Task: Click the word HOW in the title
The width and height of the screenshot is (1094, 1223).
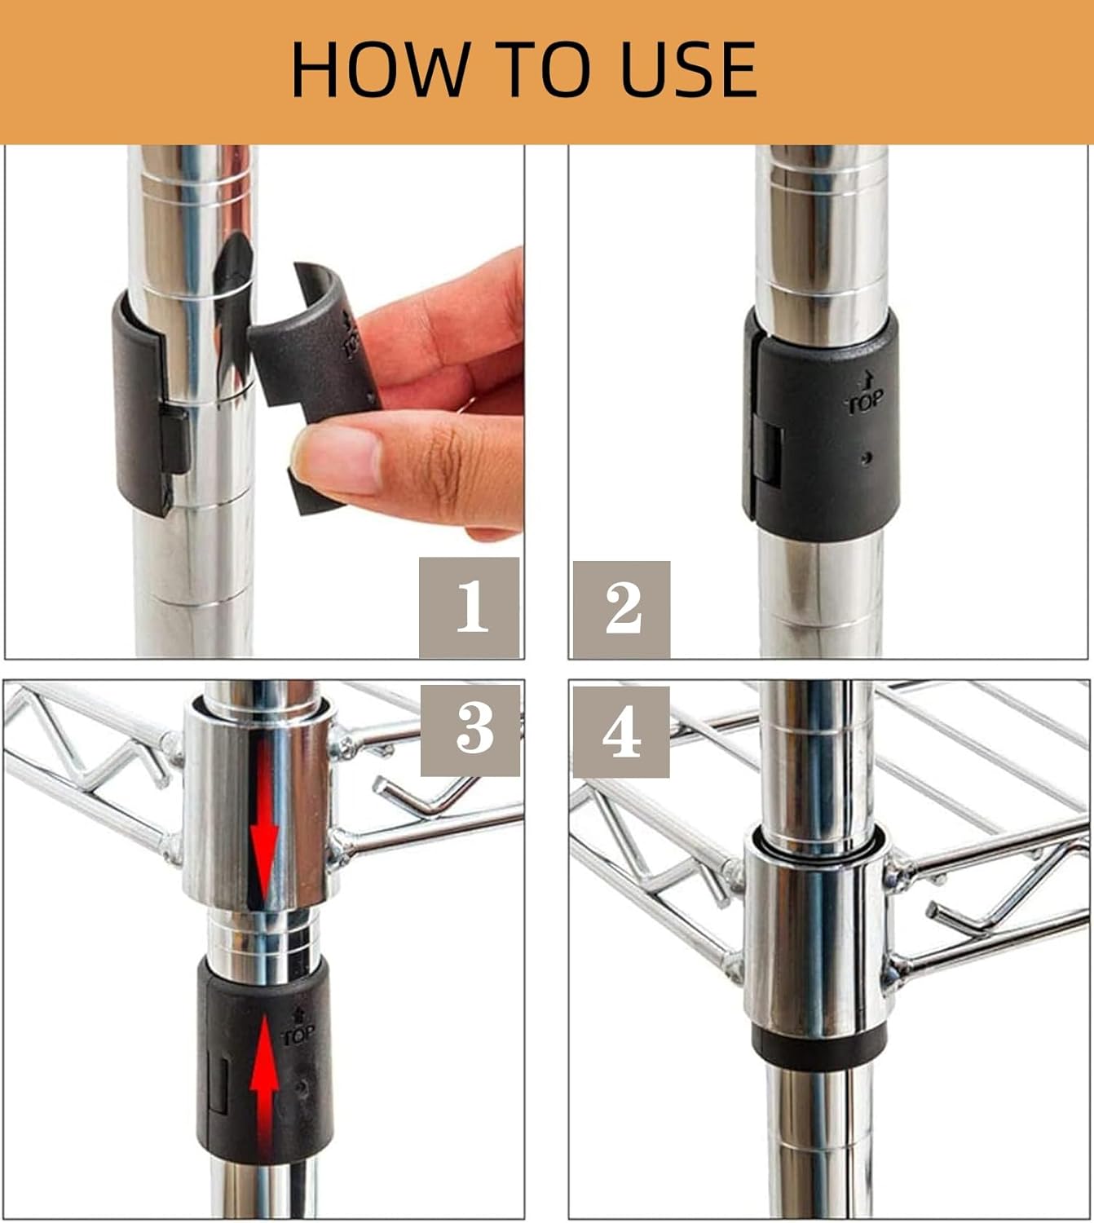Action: point(381,68)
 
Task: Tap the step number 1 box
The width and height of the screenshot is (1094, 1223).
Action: point(469,607)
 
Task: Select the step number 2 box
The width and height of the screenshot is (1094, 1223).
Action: point(622,609)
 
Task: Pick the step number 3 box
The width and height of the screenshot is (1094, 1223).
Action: point(470,731)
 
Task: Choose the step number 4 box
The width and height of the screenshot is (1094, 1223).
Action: point(621,731)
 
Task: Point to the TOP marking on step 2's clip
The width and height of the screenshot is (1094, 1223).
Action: point(865,394)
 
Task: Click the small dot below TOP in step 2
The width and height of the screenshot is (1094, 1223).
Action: point(867,458)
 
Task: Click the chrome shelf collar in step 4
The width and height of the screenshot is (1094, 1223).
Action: point(818,933)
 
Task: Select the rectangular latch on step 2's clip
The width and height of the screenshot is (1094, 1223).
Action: point(770,453)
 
